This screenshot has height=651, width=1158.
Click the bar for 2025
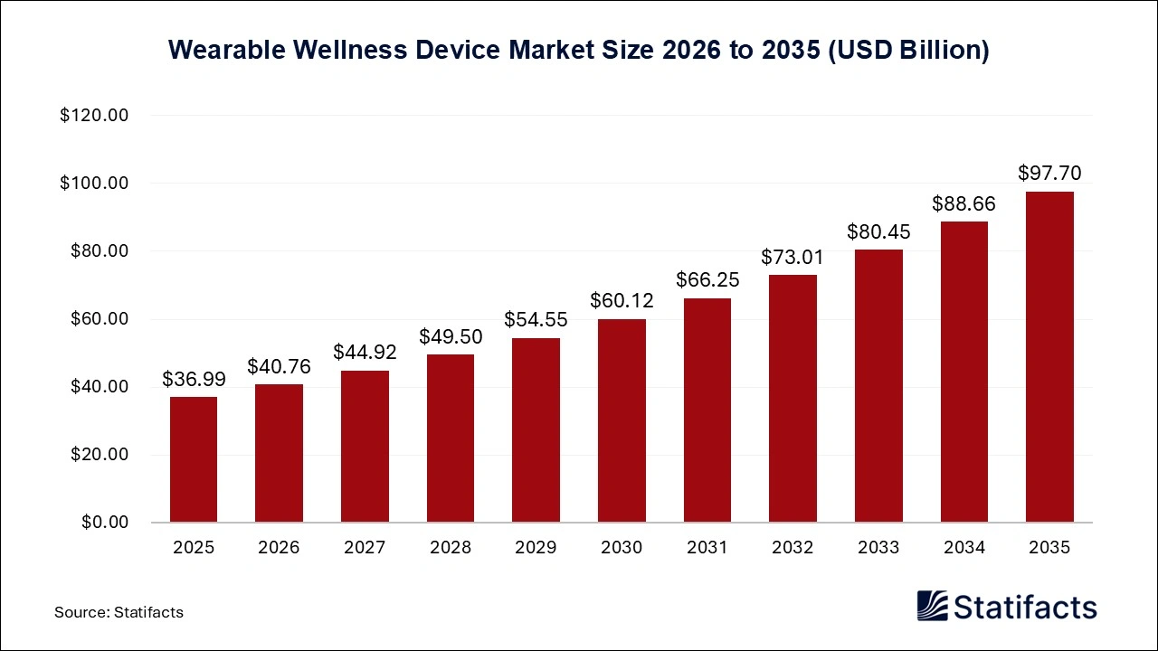pyautogui.click(x=194, y=459)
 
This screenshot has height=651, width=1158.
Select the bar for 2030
pyautogui.click(x=622, y=420)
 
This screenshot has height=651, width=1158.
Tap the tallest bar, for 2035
pyautogui.click(x=1049, y=357)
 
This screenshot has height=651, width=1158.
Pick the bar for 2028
pyautogui.click(x=451, y=439)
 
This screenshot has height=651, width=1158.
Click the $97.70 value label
pyautogui.click(x=1049, y=173)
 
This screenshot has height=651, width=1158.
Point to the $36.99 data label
pyautogui.click(x=194, y=379)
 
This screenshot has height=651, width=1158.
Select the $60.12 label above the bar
pyautogui.click(x=622, y=300)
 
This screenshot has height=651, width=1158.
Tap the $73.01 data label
pyautogui.click(x=793, y=257)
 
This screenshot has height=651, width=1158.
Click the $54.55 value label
pyautogui.click(x=536, y=319)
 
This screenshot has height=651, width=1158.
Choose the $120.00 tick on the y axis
pyautogui.click(x=94, y=116)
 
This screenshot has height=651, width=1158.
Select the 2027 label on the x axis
pyautogui.click(x=365, y=547)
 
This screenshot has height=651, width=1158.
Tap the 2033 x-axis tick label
pyautogui.click(x=878, y=547)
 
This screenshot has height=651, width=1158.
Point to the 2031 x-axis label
pyautogui.click(x=707, y=547)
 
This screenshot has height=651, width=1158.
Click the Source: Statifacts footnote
pyautogui.click(x=119, y=612)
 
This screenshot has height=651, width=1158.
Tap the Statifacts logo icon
pyautogui.click(x=932, y=606)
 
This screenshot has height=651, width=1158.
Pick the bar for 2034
pyautogui.click(x=963, y=372)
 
